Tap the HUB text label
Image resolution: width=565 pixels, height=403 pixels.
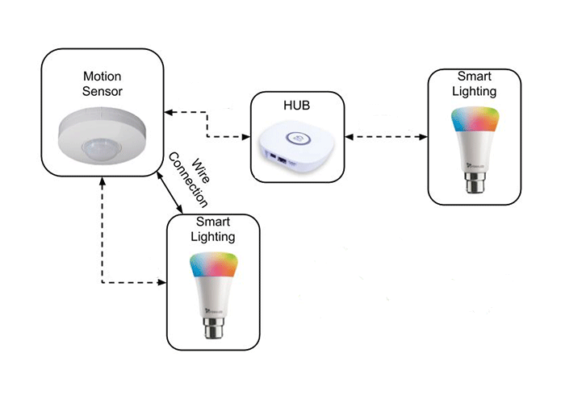297,106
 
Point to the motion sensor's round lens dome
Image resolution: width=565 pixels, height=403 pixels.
97,146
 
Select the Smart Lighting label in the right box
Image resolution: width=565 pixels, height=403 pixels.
473,85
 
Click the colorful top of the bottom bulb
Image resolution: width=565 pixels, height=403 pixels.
213,267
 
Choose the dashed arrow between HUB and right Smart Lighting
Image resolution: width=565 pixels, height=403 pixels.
386,137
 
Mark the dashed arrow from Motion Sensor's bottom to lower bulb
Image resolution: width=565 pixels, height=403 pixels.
103,242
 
